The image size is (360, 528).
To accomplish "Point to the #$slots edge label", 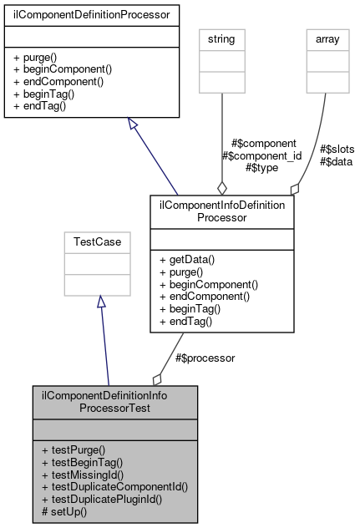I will click(337, 150).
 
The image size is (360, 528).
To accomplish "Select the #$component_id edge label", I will click(261, 155).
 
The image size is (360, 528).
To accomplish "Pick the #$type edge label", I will click(261, 167).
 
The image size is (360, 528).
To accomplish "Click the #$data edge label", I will click(337, 161).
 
